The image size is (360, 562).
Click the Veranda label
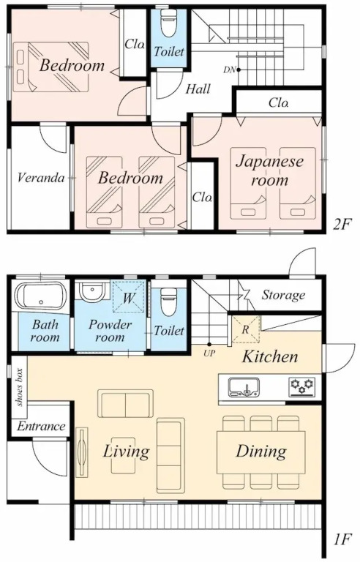point(41,177)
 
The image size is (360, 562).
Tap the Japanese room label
point(269,171)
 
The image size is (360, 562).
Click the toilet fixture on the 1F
point(168,301)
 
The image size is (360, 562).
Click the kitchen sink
point(244,387)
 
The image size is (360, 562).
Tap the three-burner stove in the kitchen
point(302,387)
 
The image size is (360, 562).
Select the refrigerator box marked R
point(245,329)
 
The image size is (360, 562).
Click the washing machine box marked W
point(128,298)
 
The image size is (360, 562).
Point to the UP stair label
point(209,353)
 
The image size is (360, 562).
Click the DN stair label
point(229,70)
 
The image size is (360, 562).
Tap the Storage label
point(283,295)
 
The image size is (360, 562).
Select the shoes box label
point(19,387)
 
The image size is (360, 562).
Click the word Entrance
point(41,426)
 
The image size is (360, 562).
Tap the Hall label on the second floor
point(198,89)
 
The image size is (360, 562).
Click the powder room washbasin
point(92,292)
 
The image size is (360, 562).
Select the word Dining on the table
point(261,452)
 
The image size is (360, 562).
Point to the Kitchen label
point(270,356)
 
